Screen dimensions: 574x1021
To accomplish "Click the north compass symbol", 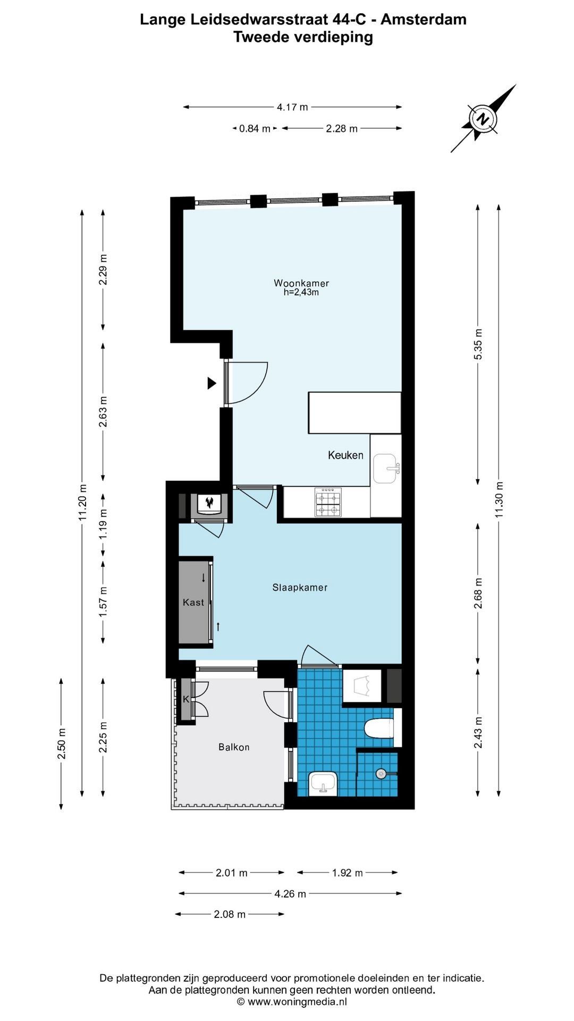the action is tap(483, 119).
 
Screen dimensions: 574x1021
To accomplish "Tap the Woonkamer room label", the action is tap(301, 283).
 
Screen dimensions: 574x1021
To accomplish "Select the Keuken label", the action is tap(345, 455).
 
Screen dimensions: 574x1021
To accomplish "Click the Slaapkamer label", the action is tap(300, 588).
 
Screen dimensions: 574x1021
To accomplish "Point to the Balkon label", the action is tap(234, 747).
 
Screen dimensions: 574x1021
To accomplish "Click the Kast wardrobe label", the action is tap(193, 602).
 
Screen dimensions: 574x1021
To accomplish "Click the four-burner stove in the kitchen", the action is tap(327, 503).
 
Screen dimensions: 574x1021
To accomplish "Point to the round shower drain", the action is tap(381, 774).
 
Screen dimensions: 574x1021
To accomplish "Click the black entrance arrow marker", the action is tap(212, 383).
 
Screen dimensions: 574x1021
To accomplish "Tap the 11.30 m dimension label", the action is tap(499, 500).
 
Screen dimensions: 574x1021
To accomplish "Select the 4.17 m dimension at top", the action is tap(292, 107).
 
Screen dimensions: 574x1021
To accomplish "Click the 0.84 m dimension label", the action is tap(255, 128).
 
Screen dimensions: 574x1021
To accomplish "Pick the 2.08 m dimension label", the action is tap(230, 914).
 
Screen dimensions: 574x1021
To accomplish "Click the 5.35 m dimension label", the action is tap(478, 344).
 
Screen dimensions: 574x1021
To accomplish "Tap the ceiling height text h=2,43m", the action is tap(301, 292).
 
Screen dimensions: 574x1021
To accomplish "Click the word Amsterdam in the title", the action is tap(424, 20).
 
